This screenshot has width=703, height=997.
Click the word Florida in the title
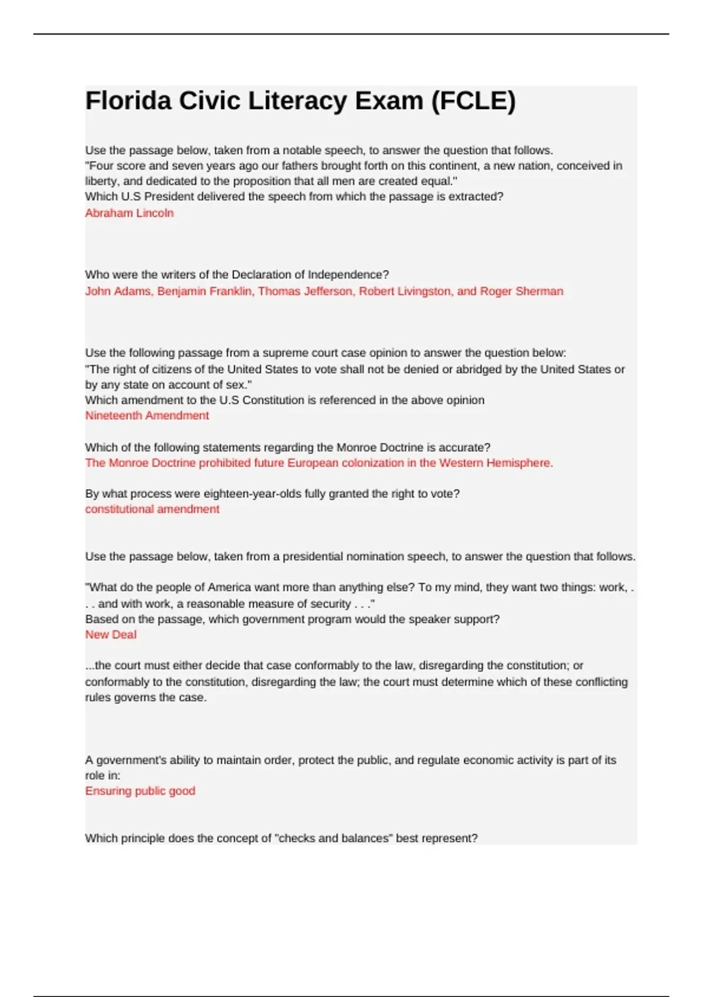pos(128,101)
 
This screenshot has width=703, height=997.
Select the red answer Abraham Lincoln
pos(129,213)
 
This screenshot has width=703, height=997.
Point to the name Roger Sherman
pos(521,291)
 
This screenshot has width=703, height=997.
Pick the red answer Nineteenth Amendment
pos(147,415)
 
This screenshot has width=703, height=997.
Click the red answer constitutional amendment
pos(152,509)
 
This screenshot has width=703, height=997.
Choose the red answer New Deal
pos(111,635)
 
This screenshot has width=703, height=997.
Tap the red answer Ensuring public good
pos(140,791)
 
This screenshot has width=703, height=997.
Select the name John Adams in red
pos(117,291)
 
